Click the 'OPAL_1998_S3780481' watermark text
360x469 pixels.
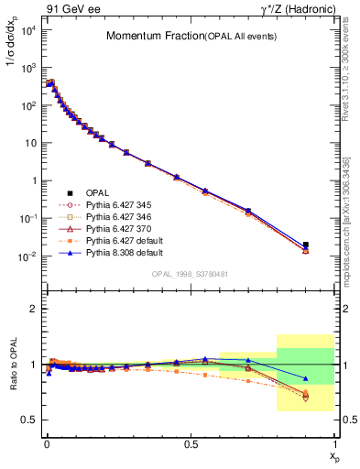click(x=190, y=273)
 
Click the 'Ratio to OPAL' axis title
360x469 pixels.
click(x=14, y=379)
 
